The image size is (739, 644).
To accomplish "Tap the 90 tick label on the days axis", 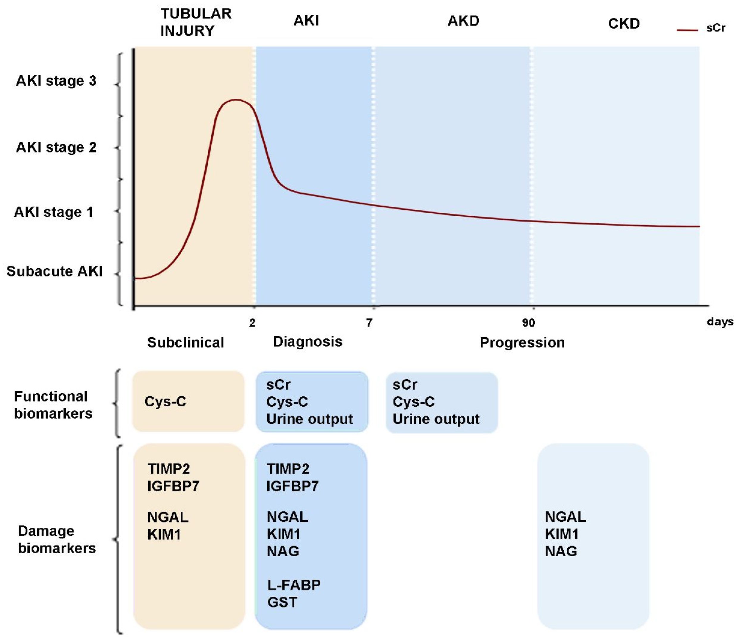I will (528, 323).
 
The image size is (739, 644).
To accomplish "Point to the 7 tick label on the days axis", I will (369, 323).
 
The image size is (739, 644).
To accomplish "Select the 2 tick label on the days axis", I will (252, 323).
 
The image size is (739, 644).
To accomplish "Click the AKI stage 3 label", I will (56, 81).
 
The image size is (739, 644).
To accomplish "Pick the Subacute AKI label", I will (54, 271).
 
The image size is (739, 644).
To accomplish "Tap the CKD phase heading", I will (624, 24).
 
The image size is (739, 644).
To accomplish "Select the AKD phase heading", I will (463, 21).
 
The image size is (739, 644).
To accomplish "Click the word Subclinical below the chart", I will (185, 342).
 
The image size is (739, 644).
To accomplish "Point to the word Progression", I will (522, 342).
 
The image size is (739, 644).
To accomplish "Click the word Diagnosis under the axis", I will (307, 341).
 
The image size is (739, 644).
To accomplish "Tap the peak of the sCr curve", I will (235, 100).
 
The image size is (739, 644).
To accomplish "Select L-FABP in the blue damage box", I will (294, 585).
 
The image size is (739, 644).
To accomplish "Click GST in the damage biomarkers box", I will (282, 602).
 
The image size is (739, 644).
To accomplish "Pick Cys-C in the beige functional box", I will (165, 402).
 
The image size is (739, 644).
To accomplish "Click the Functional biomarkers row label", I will (53, 405).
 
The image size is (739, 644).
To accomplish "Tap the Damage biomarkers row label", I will (57, 539).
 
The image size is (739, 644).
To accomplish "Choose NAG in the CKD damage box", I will (561, 551).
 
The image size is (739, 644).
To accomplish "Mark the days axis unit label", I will (720, 321).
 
